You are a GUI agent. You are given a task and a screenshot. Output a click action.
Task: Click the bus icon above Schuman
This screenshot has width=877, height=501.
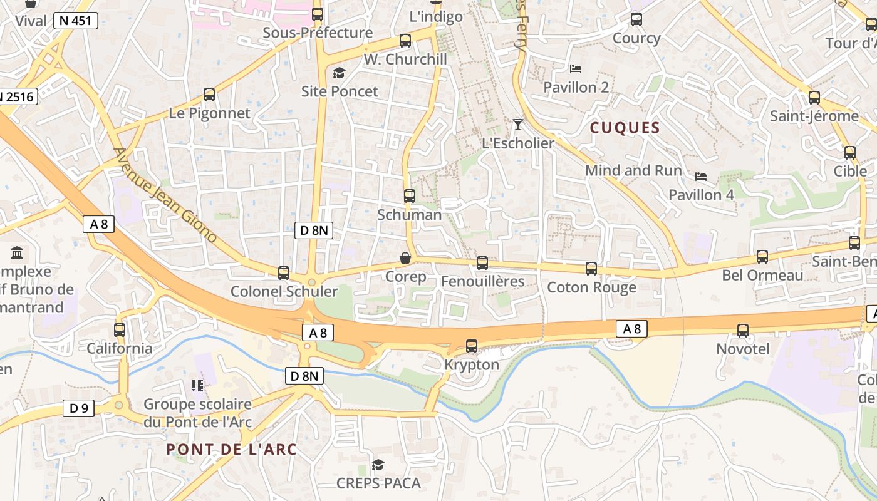[410, 196]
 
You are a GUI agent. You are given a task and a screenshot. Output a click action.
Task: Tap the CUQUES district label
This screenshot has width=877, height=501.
[625, 128]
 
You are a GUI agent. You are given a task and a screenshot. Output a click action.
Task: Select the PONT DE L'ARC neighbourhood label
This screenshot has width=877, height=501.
[232, 450]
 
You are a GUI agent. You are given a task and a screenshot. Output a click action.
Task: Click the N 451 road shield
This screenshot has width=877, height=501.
[76, 21]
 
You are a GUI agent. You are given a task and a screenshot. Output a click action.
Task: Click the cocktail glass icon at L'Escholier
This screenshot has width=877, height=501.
[517, 125]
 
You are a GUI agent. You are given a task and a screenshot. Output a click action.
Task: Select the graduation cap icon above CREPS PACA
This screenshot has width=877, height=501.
[378, 465]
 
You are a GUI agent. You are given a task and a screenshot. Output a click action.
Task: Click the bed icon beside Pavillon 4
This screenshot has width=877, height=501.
[701, 177]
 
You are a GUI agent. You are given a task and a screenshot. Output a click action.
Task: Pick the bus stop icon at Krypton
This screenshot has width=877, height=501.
[472, 346]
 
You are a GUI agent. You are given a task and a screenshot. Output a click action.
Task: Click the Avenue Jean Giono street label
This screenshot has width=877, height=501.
[165, 195]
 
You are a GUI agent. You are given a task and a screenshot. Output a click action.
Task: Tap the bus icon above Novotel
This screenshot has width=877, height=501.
[743, 330]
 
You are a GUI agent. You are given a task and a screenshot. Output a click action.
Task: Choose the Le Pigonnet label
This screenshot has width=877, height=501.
[209, 113]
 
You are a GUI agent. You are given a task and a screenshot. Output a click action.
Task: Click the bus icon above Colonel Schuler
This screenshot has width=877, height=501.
[284, 273]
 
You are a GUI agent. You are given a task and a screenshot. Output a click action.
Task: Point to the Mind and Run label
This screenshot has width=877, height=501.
[633, 170]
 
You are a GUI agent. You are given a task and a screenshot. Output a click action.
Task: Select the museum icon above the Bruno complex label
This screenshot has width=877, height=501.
[17, 253]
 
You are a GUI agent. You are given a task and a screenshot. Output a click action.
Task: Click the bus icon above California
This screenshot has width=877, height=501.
[120, 330]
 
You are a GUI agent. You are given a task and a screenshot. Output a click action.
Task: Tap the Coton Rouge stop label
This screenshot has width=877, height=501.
[591, 287]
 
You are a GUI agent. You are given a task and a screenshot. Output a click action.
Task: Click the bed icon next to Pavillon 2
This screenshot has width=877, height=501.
[576, 69]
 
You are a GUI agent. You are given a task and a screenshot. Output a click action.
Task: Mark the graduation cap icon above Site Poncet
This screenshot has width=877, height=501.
[339, 73]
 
